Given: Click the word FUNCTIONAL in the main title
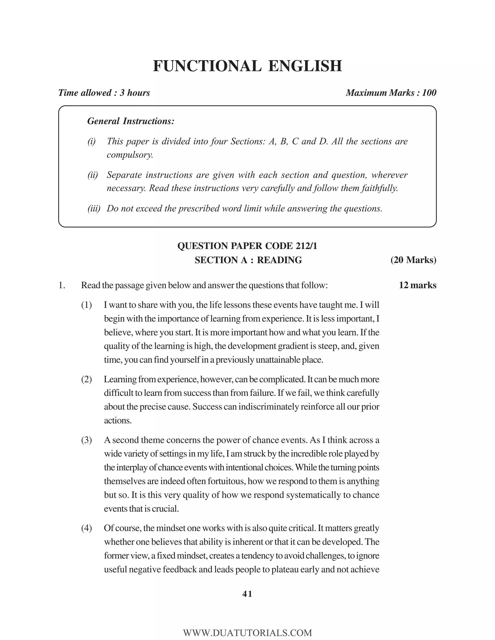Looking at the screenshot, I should (207, 66).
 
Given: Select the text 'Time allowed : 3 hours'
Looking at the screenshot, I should (104, 93).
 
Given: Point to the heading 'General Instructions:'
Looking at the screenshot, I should (131, 121).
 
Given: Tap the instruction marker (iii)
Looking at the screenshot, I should (94, 209).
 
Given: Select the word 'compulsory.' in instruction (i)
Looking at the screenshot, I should (130, 155).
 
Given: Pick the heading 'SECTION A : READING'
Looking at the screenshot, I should (248, 260).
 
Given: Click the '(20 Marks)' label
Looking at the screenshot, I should (413, 260).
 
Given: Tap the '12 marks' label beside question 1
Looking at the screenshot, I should (417, 285).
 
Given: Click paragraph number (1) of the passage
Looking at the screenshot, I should (87, 305).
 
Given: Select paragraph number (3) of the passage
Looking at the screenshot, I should (87, 440).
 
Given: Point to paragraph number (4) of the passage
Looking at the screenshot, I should (87, 528).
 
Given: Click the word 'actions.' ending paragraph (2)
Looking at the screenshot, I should (118, 420).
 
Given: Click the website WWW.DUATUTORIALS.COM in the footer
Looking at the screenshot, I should (247, 633).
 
